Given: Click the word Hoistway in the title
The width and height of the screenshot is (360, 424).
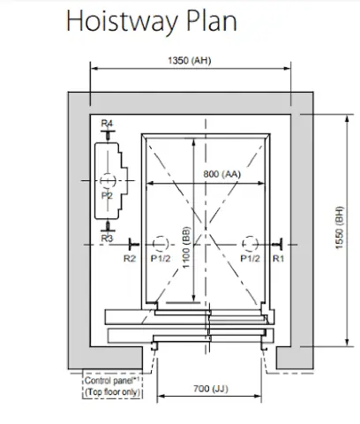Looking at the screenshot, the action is click(x=122, y=22).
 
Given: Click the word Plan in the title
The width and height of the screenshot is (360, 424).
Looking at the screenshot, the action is click(x=212, y=20).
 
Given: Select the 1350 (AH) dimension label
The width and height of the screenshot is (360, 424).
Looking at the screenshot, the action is click(x=190, y=60).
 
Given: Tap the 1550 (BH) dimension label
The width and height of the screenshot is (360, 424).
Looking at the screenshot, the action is click(x=340, y=228).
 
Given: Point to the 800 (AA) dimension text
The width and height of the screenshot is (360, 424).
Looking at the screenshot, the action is click(x=222, y=174).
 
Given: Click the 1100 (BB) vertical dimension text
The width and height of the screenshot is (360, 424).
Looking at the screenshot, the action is click(x=186, y=247).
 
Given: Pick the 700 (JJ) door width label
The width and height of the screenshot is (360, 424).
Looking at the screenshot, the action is click(x=211, y=389).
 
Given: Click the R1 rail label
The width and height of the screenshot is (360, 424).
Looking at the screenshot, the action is click(x=278, y=259).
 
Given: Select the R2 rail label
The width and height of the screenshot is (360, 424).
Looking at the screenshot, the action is click(x=130, y=259).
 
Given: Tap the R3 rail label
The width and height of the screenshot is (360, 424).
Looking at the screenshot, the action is click(x=107, y=238).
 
